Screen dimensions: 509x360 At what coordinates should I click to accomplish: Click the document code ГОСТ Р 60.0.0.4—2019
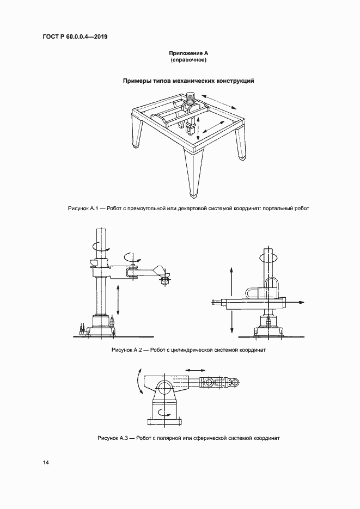pyautogui.click(x=75, y=36)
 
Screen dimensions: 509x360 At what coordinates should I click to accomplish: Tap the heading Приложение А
pyautogui.click(x=189, y=53)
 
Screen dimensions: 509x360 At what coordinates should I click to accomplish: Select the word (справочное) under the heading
pyautogui.click(x=189, y=60)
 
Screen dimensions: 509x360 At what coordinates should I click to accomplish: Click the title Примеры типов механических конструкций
pyautogui.click(x=189, y=81)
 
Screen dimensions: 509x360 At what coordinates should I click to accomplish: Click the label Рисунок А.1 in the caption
pyautogui.click(x=82, y=208)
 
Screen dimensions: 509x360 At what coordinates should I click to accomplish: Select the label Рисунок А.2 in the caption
pyautogui.click(x=126, y=350)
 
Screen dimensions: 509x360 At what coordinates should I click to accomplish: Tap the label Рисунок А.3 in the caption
pyautogui.click(x=112, y=438)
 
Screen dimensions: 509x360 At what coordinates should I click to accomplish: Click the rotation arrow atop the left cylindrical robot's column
pyautogui.click(x=97, y=246)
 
